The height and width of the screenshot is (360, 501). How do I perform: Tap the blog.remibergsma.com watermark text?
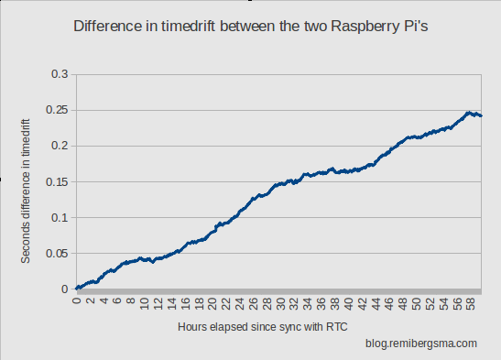420,344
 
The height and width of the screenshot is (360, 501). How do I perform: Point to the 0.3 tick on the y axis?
60,73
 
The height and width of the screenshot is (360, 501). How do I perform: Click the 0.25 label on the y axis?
57,110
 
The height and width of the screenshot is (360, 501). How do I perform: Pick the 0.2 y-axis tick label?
60,146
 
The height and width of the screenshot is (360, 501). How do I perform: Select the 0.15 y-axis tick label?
57,181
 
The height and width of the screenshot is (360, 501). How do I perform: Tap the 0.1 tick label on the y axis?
60,217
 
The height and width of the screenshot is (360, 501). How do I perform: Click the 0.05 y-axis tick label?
57,254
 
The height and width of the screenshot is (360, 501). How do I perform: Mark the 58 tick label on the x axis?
470,303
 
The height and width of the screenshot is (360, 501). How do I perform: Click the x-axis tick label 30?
280,303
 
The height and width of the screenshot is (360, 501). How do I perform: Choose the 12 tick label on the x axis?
158,303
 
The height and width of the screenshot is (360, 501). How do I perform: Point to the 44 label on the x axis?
375,303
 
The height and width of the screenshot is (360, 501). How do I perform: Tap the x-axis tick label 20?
212,303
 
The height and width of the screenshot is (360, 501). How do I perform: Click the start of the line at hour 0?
77,289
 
